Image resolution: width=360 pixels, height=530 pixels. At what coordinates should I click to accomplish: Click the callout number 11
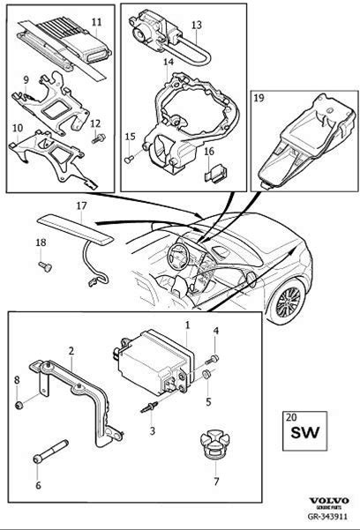97,22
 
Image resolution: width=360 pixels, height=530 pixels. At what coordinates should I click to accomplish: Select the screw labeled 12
99,138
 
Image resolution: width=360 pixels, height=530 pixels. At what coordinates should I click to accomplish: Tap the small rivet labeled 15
129,160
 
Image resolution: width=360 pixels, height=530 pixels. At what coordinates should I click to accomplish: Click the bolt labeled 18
46,267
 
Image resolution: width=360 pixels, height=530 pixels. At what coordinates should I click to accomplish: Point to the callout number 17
81,205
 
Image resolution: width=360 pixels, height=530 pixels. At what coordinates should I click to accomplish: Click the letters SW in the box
304,432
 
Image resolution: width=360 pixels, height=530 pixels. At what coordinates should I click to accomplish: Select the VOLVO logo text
329,501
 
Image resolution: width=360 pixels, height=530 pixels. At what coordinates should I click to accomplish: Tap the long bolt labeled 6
50,452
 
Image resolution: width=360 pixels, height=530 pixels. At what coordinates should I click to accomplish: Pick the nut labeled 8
19,404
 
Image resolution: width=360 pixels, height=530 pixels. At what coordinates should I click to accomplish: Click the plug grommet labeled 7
214,444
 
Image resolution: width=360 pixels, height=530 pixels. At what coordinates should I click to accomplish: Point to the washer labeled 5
206,374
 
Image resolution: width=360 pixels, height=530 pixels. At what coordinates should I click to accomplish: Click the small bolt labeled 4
212,359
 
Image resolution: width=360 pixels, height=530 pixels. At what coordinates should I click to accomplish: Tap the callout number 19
259,98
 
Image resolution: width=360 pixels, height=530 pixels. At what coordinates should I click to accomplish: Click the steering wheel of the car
180,257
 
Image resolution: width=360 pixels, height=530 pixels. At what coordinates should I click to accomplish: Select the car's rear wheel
288,302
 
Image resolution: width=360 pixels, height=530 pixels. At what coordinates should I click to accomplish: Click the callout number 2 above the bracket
71,351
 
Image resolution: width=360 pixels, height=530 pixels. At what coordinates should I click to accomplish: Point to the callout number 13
196,25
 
